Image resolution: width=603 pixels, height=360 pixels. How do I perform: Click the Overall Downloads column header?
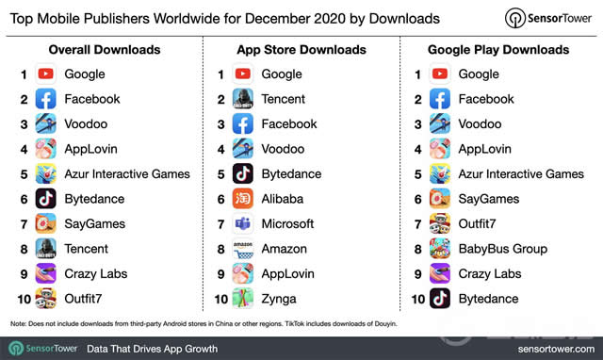point(104,49)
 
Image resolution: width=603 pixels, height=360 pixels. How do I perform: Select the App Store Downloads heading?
point(301,49)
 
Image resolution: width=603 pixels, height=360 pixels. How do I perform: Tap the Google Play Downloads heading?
point(500,49)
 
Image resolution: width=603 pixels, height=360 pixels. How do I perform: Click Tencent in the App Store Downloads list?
point(284,99)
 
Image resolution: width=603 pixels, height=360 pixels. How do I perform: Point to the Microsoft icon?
point(243,224)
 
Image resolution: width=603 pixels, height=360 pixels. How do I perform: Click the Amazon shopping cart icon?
point(243,249)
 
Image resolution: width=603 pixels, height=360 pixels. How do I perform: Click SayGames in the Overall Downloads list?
point(95,224)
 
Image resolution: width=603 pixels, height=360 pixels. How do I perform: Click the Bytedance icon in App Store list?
point(243,174)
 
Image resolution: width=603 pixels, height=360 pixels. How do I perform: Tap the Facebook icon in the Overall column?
point(46,99)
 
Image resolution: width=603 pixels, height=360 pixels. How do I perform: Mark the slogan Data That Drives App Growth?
point(152,348)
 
